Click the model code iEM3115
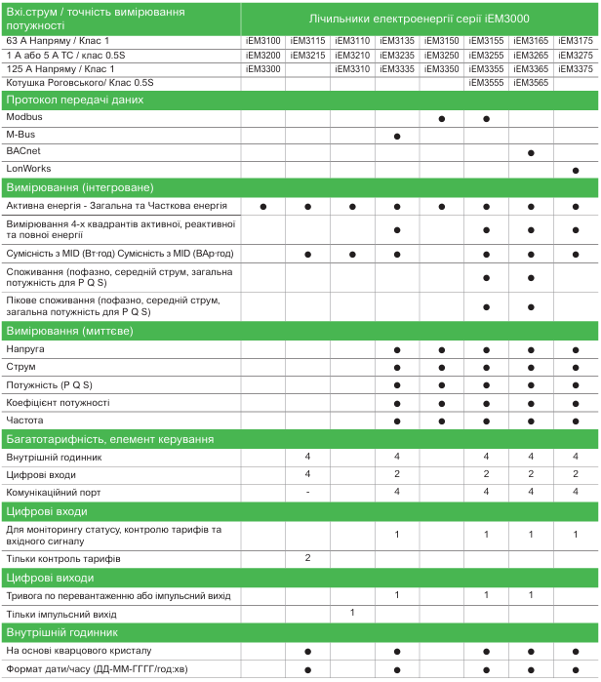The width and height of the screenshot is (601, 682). click(306, 41)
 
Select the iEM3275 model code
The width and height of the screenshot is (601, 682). click(576, 56)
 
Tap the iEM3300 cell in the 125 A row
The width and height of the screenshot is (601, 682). click(262, 69)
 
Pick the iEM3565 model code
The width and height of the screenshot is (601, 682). click(531, 83)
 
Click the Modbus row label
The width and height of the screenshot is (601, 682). click(24, 117)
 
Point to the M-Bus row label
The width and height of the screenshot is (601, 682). click(22, 134)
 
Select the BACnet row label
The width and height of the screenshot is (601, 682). click(23, 152)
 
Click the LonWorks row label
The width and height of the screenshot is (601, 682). click(28, 170)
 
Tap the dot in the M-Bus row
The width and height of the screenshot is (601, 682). click(397, 136)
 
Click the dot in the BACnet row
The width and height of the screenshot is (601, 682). click(531, 153)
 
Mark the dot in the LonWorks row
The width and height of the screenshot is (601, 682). click(576, 171)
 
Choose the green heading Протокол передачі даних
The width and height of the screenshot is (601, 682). click(66, 100)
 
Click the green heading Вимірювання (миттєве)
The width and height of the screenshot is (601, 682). click(69, 332)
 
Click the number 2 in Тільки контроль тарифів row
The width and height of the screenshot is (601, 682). click(307, 558)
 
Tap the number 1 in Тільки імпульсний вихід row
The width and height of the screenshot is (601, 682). click(352, 613)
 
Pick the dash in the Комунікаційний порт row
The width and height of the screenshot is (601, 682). click(307, 492)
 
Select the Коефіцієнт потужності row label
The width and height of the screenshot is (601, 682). click(58, 402)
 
